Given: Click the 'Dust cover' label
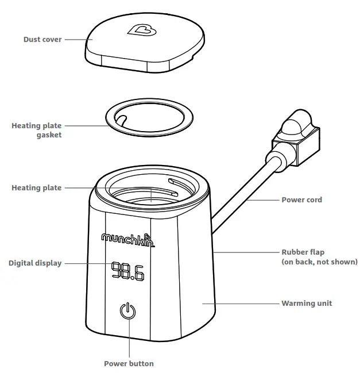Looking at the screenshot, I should coord(42,40).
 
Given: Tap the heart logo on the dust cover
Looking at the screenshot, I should coord(138,30).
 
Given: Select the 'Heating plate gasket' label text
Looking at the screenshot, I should coord(36,130).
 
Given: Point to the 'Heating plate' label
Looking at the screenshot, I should coord(36,187).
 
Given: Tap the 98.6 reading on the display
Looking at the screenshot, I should coord(127,271).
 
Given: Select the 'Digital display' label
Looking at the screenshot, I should coord(35,263).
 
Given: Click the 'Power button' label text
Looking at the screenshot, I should coord(129,363).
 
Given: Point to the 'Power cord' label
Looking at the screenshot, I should coord(301,200).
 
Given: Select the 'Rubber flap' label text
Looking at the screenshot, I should coord(302,252).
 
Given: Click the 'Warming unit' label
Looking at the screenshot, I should coord(306,303).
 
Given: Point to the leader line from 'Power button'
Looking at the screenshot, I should coord(129,339).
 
